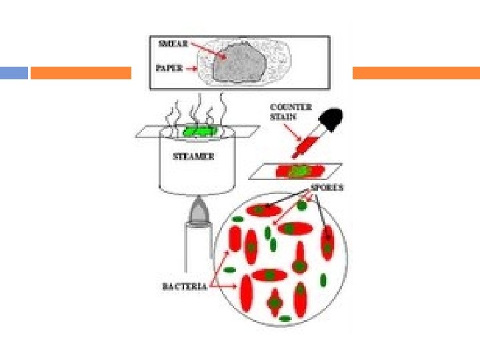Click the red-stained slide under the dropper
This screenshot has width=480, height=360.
[x=297, y=171]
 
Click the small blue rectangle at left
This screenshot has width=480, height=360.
[x=13, y=73]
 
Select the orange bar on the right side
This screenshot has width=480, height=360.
[x=416, y=73]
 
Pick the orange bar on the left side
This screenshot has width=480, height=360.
[x=81, y=73]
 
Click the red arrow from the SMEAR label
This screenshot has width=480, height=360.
[x=207, y=49]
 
